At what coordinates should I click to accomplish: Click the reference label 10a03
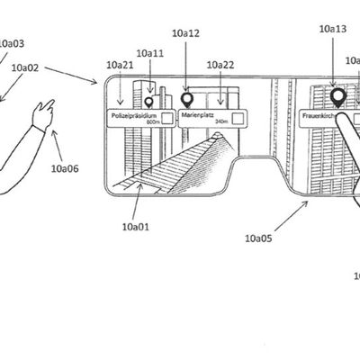click(x=11, y=42)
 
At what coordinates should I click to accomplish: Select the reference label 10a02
click(x=24, y=67)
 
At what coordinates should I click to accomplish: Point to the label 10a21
click(x=120, y=65)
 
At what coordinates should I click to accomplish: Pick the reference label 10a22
click(x=220, y=65)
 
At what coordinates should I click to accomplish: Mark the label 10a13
click(x=332, y=29)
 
